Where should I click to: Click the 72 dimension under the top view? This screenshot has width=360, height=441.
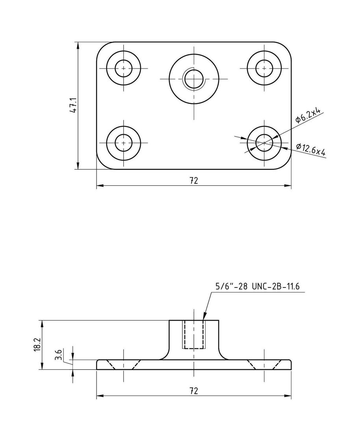[193, 180]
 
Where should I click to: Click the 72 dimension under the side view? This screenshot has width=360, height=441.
[193, 391]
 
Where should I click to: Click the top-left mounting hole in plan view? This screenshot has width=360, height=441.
[124, 68]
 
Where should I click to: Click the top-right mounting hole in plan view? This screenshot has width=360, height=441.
[264, 68]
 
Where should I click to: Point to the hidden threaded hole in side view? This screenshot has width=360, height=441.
[194, 335]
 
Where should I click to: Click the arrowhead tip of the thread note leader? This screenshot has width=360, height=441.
[204, 319]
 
